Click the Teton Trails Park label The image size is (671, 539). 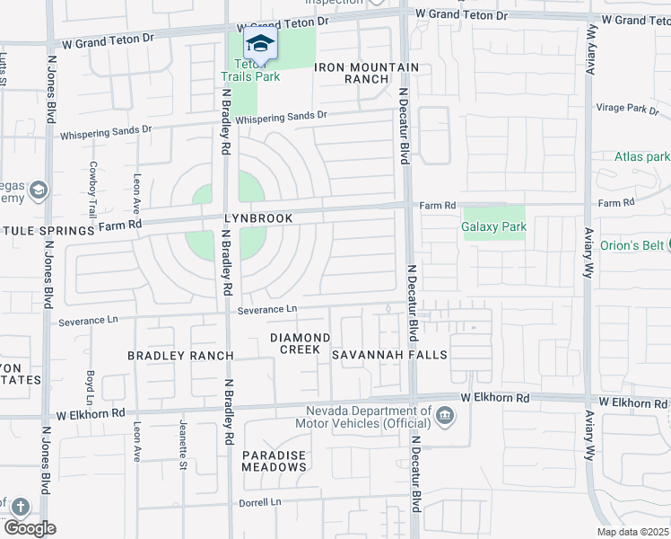pos(257,70)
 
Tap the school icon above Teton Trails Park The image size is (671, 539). pos(259,42)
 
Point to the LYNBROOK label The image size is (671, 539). pos(258,219)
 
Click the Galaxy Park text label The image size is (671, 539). pos(493,227)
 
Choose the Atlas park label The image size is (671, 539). pos(641,156)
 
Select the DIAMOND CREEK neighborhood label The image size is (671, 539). pos(301,343)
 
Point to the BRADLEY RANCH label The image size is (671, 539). pos(180,356)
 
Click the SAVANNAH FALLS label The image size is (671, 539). pos(389,355)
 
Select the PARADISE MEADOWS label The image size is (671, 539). pos(274,461)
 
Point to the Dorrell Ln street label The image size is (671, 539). pos(261,502)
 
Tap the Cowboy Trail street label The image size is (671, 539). pos(92,189)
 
